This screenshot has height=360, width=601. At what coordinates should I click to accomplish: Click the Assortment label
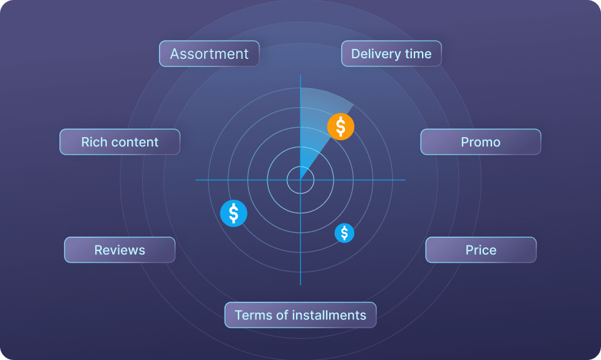tap(209, 54)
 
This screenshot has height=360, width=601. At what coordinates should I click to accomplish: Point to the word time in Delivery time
tap(418, 54)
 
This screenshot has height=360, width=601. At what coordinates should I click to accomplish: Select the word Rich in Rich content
tap(94, 142)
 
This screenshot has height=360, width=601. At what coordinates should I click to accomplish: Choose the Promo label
tap(481, 142)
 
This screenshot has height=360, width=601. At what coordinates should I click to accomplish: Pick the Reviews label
tap(120, 250)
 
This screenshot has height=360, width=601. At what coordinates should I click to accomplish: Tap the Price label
tap(481, 250)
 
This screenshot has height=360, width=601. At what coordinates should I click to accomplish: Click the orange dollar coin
tap(341, 126)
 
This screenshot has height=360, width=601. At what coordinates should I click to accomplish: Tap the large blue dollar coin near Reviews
tap(234, 213)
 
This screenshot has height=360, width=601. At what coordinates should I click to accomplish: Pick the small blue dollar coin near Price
tap(344, 233)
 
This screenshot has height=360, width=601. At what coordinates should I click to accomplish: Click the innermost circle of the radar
tap(300, 180)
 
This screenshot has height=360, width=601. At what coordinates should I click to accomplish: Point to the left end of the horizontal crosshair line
tap(197, 180)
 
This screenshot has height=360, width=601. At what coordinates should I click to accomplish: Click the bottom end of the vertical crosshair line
tap(300, 284)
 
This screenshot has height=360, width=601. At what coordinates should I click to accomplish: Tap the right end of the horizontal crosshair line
tap(404, 180)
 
